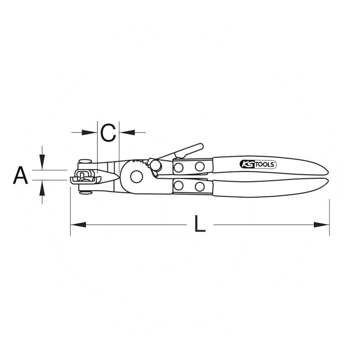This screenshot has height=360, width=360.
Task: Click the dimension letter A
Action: (20, 175)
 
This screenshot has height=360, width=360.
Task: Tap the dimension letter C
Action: (108, 133)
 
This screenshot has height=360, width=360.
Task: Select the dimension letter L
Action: (199, 223)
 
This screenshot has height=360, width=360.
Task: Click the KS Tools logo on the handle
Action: (258, 164)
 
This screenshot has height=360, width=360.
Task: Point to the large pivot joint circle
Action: (136, 176)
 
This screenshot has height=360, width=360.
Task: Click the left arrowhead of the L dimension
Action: (78, 225)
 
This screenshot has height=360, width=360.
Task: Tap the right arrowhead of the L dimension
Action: (322, 225)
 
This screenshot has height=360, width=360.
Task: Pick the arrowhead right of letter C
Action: (127, 132)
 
